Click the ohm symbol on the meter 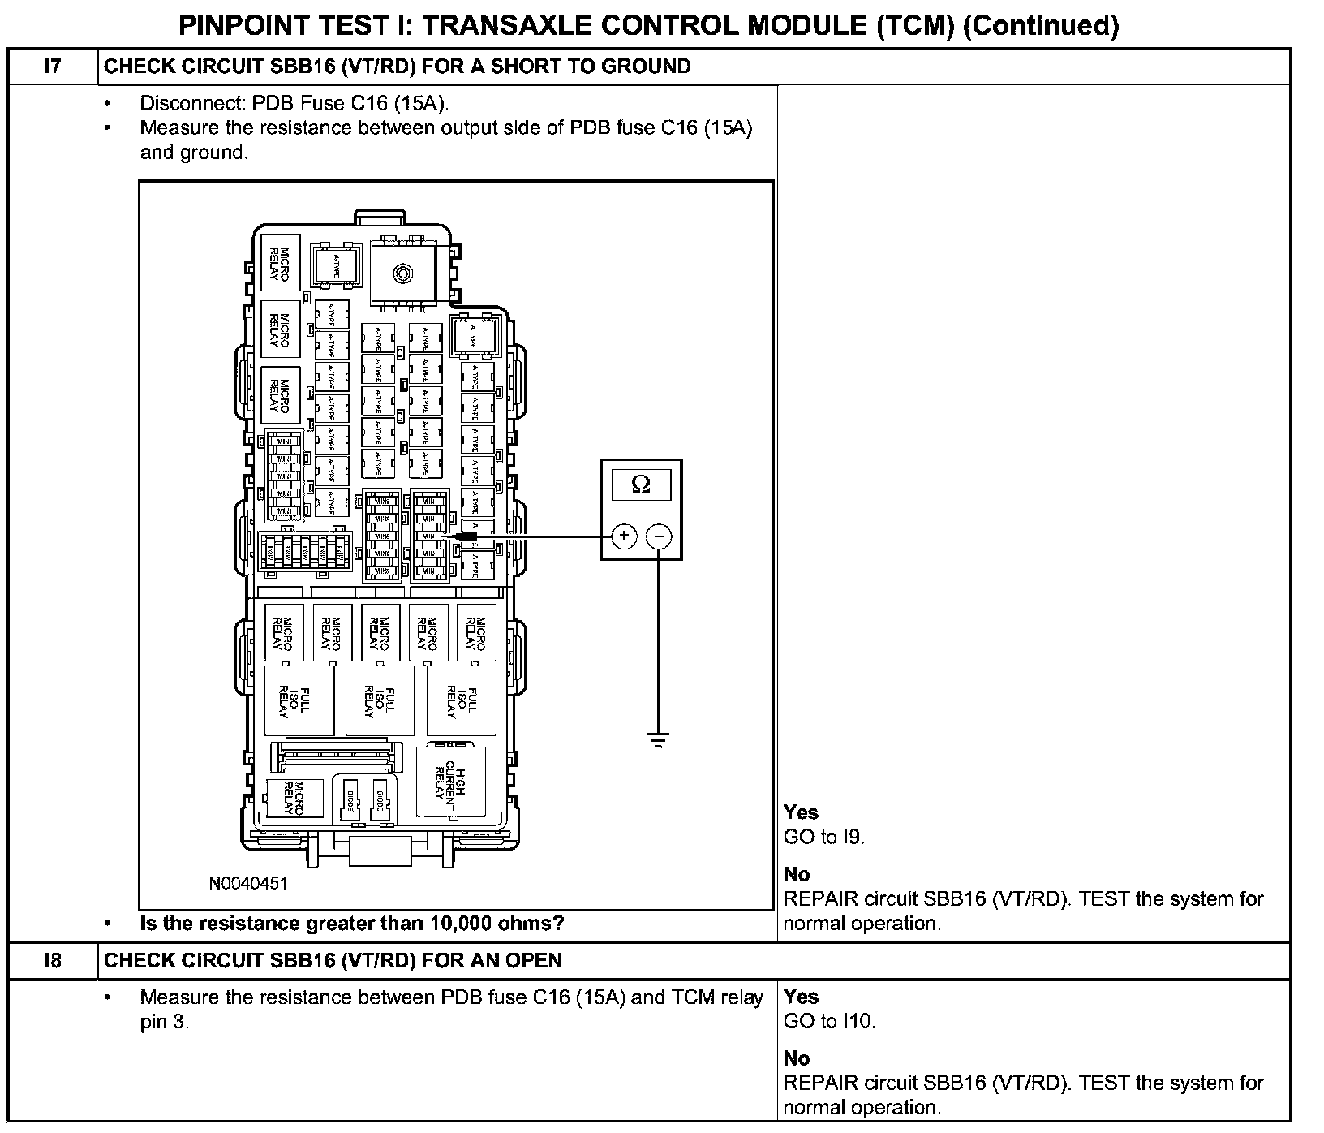point(640,485)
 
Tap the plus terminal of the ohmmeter point(624,536)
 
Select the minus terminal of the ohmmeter point(659,536)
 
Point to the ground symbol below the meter point(659,739)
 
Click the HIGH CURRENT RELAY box point(450,782)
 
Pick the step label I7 point(52,67)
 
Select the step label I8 point(52,961)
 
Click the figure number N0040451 point(248,883)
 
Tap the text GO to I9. point(824,838)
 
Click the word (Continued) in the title point(1042,25)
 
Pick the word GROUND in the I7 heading point(646,67)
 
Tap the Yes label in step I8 point(801,997)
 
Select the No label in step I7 point(797,874)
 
